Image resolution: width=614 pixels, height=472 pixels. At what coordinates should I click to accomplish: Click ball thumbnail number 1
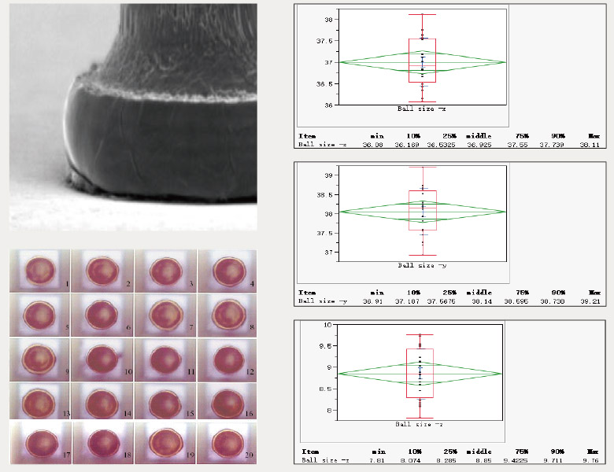point(39,270)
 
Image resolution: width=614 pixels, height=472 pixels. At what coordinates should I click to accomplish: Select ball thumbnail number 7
point(165,314)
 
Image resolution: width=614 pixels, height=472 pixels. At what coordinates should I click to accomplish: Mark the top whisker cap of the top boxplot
point(422,14)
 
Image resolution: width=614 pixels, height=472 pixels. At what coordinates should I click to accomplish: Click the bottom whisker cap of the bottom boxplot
point(419,419)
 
